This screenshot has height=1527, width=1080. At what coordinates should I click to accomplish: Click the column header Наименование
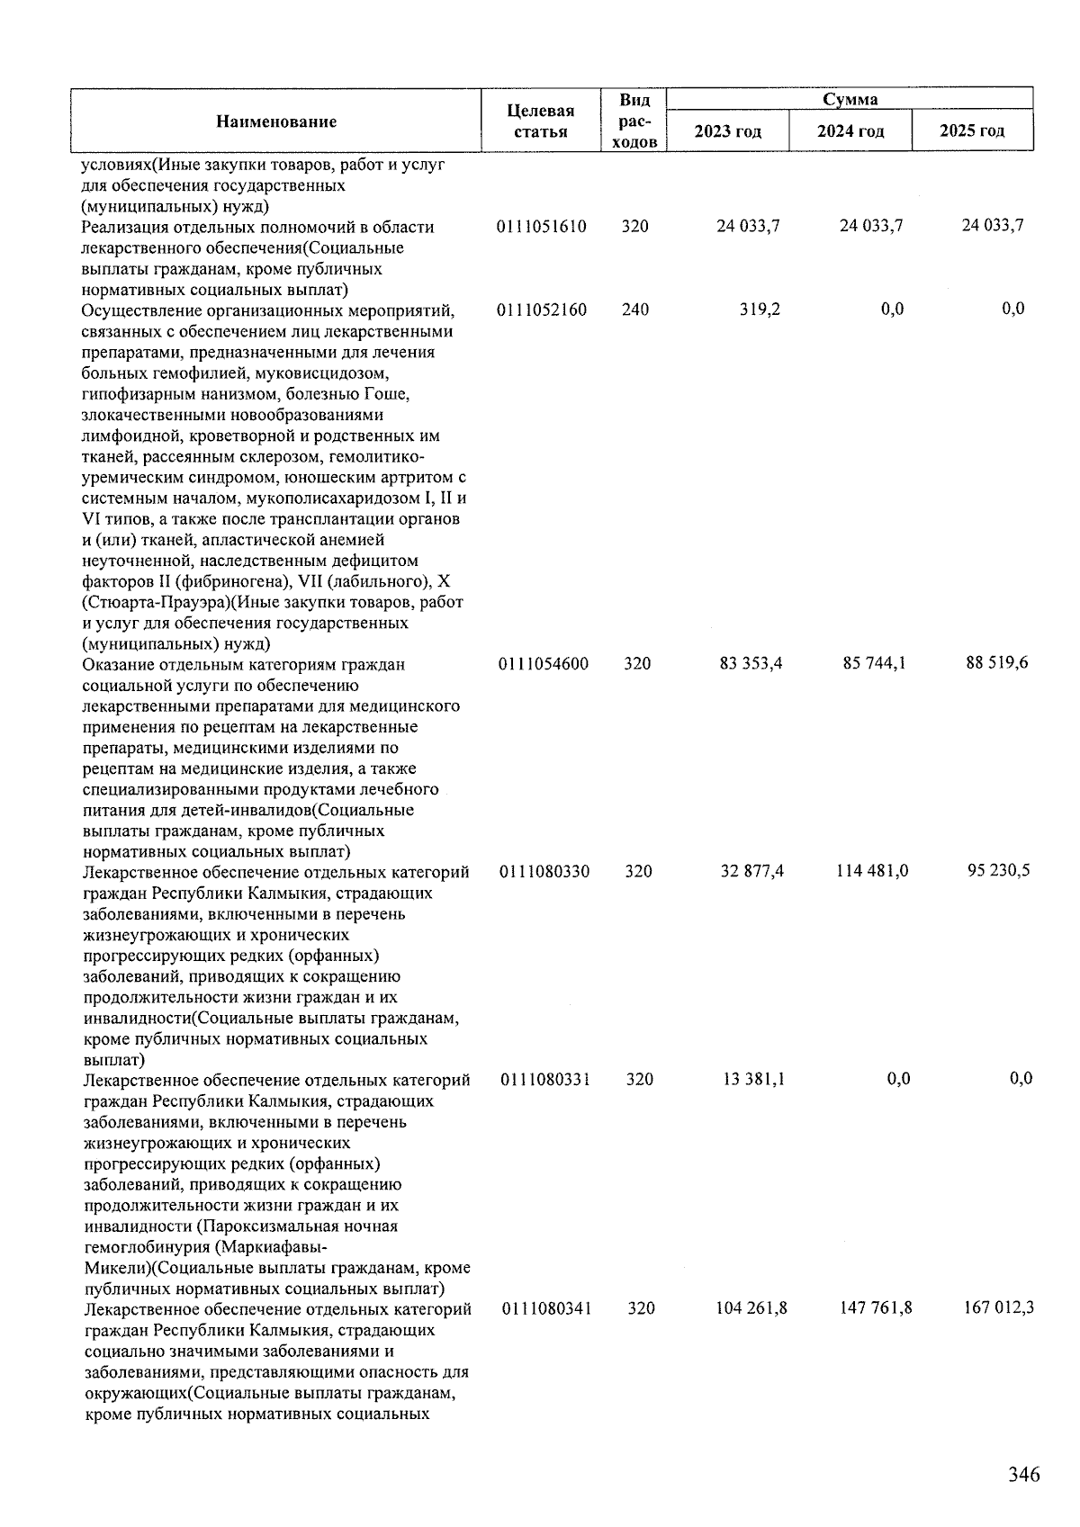pyautogui.click(x=276, y=121)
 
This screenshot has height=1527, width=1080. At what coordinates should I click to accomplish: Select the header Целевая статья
pyautogui.click(x=541, y=121)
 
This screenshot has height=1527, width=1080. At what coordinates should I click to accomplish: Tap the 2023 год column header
pyautogui.click(x=728, y=131)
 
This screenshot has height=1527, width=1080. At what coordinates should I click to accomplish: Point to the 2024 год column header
pyautogui.click(x=850, y=131)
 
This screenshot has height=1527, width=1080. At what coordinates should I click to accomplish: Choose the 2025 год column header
pyautogui.click(x=972, y=131)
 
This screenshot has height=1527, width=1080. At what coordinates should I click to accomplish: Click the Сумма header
pyautogui.click(x=850, y=99)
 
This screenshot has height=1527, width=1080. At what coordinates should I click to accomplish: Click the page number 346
pyautogui.click(x=1023, y=1475)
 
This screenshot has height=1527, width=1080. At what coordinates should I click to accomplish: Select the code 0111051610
pyautogui.click(x=542, y=227)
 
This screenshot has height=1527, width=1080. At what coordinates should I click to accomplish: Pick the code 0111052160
pyautogui.click(x=542, y=310)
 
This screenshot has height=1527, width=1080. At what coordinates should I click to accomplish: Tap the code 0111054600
pyautogui.click(x=544, y=664)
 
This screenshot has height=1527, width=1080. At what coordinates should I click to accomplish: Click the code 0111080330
pyautogui.click(x=545, y=871)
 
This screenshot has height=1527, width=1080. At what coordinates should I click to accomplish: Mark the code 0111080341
pyautogui.click(x=547, y=1308)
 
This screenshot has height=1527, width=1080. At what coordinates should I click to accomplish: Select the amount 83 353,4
pyautogui.click(x=751, y=664)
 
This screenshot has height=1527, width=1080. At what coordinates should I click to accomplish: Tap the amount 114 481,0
pyautogui.click(x=871, y=871)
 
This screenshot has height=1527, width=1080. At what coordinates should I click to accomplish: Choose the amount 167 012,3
pyautogui.click(x=997, y=1307)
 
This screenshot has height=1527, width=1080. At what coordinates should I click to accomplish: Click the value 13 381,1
pyautogui.click(x=753, y=1079)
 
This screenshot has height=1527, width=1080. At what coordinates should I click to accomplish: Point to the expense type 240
pyautogui.click(x=635, y=310)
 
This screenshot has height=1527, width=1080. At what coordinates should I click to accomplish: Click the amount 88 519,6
pyautogui.click(x=996, y=663)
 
